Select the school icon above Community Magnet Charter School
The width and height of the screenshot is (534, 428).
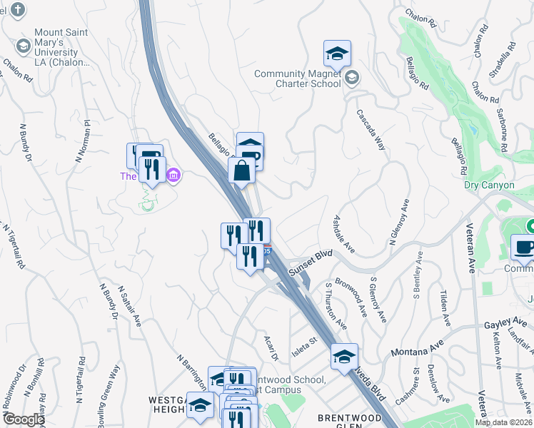(337, 53)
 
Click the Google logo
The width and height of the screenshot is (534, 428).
(23, 419)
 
